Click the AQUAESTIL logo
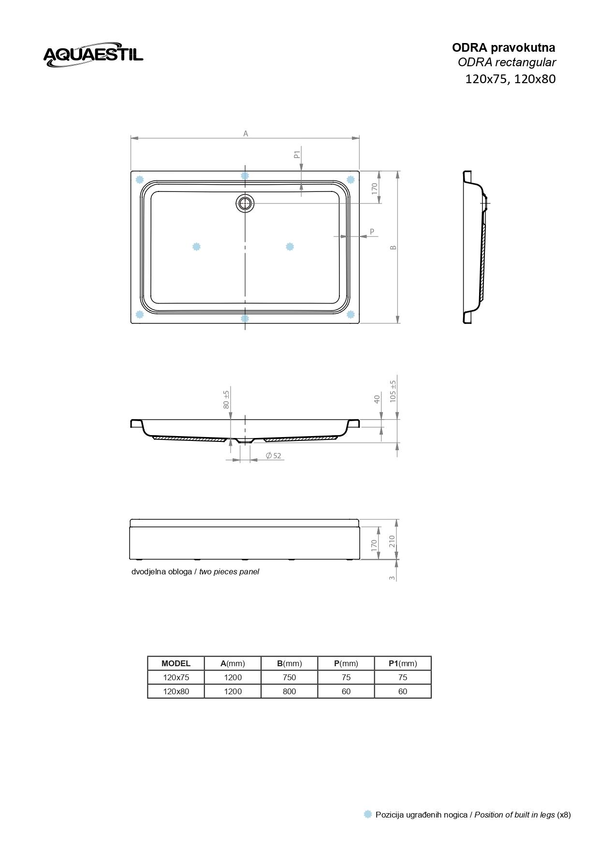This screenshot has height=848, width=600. [x=93, y=54]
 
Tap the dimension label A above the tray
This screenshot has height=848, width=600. [x=246, y=133]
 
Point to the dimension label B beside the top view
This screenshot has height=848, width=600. [x=394, y=247]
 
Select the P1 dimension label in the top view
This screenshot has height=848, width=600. [x=297, y=154]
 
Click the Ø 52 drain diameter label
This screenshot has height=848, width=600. [x=273, y=455]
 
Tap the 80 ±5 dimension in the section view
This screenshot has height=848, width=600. [x=226, y=399]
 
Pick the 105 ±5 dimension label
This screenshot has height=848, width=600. [x=393, y=391]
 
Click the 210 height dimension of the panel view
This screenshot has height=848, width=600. [x=393, y=541]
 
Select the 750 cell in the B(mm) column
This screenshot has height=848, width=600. [x=289, y=677]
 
